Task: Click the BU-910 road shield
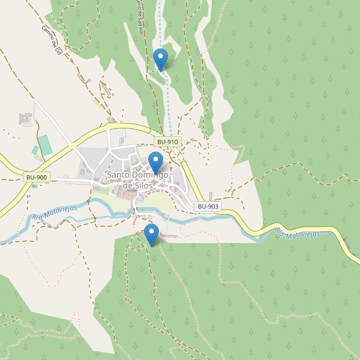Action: (x=167, y=142)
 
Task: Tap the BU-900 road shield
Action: (x=37, y=178)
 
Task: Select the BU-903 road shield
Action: (x=208, y=206)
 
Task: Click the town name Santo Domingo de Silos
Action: (x=137, y=180)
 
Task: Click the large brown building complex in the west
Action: (x=26, y=119)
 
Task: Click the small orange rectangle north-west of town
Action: (x=97, y=103)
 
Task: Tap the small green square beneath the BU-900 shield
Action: (x=34, y=186)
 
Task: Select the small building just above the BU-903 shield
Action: (x=211, y=196)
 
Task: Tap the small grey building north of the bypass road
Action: (x=111, y=120)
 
